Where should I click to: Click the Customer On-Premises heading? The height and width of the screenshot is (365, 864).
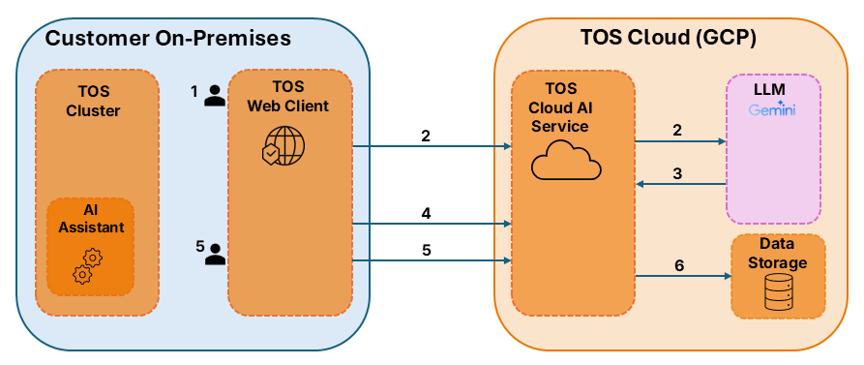tap(167, 38)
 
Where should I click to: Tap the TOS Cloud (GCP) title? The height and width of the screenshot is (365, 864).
tap(669, 38)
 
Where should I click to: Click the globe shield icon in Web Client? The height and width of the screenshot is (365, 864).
tap(283, 145)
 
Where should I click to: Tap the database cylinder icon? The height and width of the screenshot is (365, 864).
tap(778, 293)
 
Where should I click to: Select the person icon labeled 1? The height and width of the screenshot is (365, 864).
tap(215, 96)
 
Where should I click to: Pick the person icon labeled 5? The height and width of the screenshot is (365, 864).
tap(215, 255)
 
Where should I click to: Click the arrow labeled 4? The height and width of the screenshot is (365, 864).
tap(432, 224)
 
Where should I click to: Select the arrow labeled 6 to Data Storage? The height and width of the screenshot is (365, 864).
tap(680, 275)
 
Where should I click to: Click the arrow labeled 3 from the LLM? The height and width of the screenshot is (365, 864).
tap(680, 184)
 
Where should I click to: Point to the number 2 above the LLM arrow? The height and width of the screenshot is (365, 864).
tap(677, 130)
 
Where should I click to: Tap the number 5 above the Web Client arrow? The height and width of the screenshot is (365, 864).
tap(426, 250)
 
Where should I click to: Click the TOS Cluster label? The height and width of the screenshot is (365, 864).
tap(93, 102)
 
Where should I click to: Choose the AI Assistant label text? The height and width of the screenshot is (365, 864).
tap(92, 218)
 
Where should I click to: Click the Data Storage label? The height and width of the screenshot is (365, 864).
tap(778, 253)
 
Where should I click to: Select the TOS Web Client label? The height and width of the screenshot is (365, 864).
tap(286, 96)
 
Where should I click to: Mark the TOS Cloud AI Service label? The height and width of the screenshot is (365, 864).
tap(558, 106)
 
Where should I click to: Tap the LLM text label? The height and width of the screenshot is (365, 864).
tap(772, 89)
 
